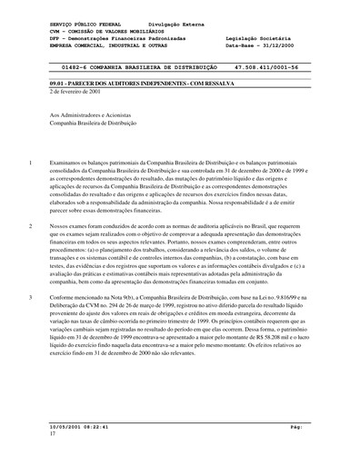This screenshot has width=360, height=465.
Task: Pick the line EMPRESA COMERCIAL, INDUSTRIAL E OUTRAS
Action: click(115, 45)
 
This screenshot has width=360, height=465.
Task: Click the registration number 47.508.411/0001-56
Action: click(271, 66)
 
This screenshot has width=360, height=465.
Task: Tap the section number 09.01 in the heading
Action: click(60, 83)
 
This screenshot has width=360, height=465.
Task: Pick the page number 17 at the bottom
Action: click(53, 433)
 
